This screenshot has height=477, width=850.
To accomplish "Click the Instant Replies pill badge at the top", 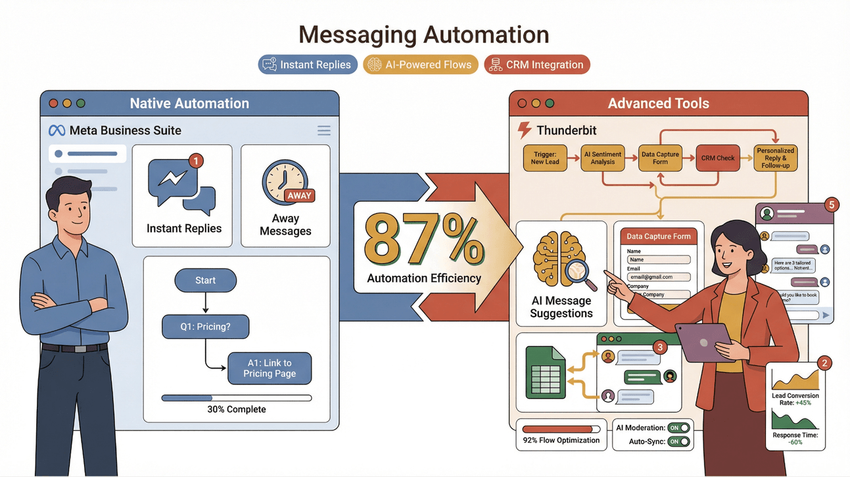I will click(x=308, y=64).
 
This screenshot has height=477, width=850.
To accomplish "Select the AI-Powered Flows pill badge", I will click(x=421, y=64).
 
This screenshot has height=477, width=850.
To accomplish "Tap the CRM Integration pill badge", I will click(x=537, y=64).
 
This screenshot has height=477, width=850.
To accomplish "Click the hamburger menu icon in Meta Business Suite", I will click(x=324, y=131).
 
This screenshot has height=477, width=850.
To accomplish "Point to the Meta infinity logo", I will click(x=57, y=131).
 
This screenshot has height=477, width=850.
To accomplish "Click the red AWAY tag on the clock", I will click(x=299, y=195).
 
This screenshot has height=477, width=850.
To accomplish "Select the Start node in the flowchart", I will click(x=205, y=281).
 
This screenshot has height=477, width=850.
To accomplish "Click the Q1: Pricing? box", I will click(x=205, y=327).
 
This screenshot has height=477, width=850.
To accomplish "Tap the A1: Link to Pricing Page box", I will click(x=270, y=368).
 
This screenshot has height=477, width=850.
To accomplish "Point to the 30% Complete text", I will click(x=237, y=409).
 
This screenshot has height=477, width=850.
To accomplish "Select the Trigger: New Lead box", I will click(x=545, y=158).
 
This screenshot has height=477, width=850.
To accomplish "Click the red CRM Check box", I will click(x=718, y=158).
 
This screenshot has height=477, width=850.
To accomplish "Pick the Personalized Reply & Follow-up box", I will click(x=776, y=158).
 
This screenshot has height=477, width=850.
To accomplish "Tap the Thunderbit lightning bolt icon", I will click(x=524, y=130).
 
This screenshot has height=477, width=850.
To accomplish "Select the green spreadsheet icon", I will click(x=546, y=373).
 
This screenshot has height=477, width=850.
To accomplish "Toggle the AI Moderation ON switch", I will click(x=678, y=428).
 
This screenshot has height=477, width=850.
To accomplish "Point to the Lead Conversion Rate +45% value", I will click(x=803, y=403).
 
